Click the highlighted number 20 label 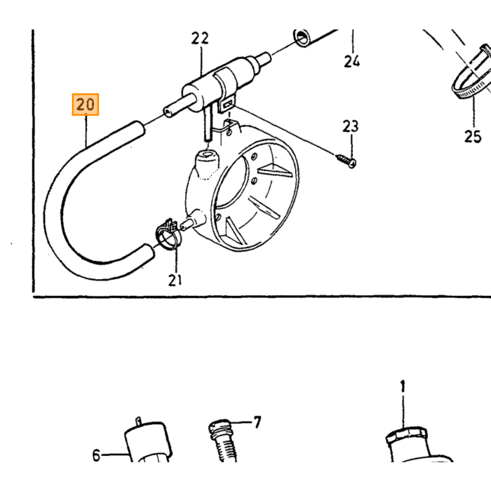tap(85, 105)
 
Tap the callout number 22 tap(200, 39)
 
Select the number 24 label tap(351, 61)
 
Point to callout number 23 tap(350, 126)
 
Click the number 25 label tap(473, 137)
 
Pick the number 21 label tap(175, 281)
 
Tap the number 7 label tap(257, 422)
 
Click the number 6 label tap(96, 455)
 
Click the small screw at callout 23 tap(346, 160)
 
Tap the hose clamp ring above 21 tap(168, 236)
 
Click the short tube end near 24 tap(302, 38)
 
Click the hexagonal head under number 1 tap(406, 435)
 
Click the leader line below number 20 tap(86, 132)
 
